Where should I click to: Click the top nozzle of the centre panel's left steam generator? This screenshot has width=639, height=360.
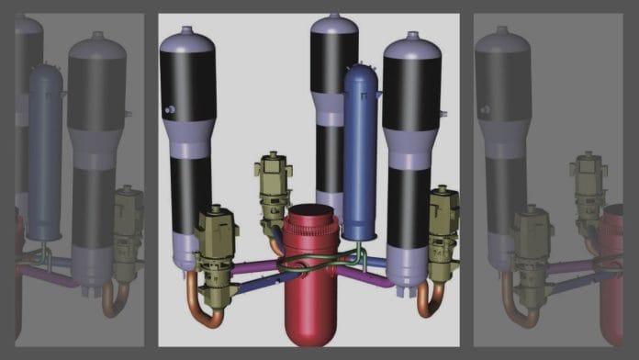(187, 29)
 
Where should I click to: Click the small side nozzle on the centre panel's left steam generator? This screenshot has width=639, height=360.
(169, 110)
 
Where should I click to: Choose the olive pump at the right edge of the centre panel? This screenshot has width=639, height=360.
(443, 220)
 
